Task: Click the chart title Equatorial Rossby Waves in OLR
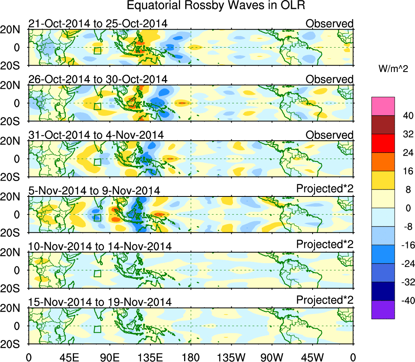point(216,6)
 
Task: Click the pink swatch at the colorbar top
point(383,106)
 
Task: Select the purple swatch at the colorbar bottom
point(383,310)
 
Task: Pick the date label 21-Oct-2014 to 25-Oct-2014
point(98,24)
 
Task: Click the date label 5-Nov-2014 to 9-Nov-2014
point(94,190)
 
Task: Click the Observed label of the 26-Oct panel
point(330,79)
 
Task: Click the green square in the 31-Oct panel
point(97,162)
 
